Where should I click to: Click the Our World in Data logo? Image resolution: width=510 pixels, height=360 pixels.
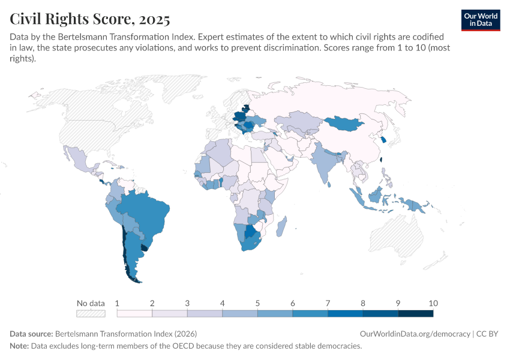pyautogui.click(x=480, y=19)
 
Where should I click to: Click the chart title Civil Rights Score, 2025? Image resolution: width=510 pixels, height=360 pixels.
pyautogui.click(x=89, y=19)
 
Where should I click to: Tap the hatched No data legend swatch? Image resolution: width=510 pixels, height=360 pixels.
pyautogui.click(x=91, y=313)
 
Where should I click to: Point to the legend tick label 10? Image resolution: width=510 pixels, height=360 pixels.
pyautogui.click(x=433, y=303)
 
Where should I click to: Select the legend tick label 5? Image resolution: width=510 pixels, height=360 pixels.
pyautogui.click(x=257, y=303)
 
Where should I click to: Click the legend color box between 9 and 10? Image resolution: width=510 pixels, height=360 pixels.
pyautogui.click(x=415, y=313)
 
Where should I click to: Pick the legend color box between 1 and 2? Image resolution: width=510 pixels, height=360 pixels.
pyautogui.click(x=134, y=313)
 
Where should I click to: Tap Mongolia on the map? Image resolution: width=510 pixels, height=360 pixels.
pyautogui.click(x=344, y=123)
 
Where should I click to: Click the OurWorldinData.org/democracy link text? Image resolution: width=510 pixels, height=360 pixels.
pyautogui.click(x=415, y=334)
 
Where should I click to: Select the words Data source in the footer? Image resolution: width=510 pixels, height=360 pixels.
pyautogui.click(x=31, y=334)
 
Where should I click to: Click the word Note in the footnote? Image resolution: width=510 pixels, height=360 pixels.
pyautogui.click(x=19, y=346)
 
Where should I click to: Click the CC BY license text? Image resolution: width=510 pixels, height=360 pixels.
pyautogui.click(x=488, y=334)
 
